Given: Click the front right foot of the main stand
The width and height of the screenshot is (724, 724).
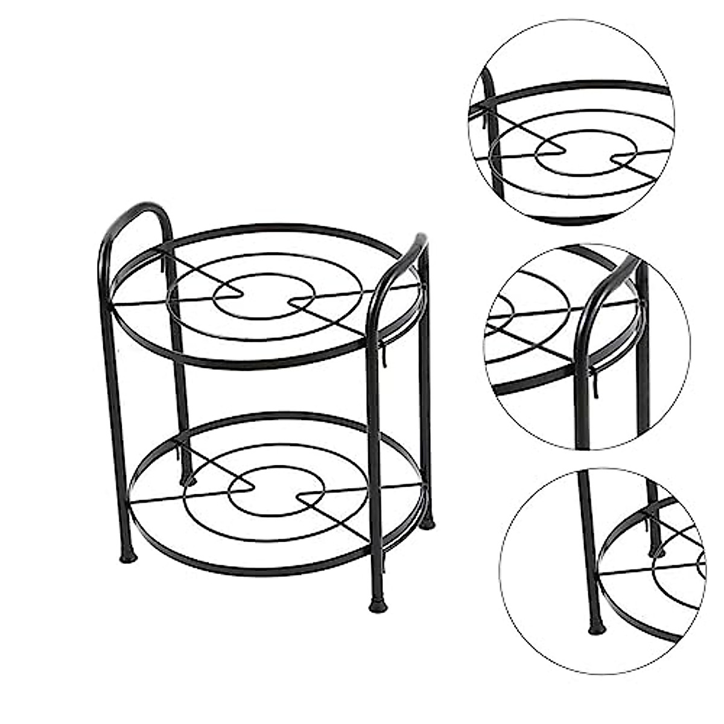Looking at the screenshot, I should point(378,605).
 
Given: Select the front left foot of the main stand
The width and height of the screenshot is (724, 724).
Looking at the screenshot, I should point(128,556).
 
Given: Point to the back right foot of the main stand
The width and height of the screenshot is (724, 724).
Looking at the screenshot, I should point(427,524).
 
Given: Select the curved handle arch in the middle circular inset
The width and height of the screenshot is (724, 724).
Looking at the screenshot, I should point(603,284).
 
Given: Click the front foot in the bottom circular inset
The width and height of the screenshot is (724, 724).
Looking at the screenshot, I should point(596,629).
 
